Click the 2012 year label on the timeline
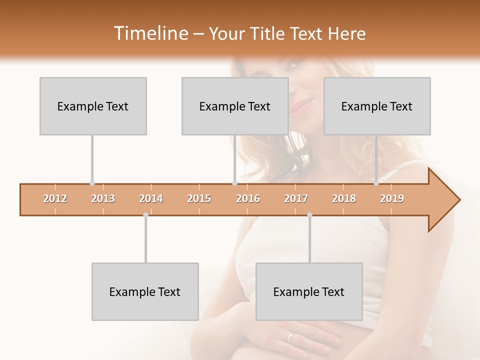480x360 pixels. (x=55, y=199)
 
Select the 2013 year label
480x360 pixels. (x=103, y=199)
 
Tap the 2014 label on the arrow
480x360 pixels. (x=151, y=199)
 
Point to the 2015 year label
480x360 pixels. (x=199, y=199)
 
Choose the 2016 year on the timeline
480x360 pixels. (x=248, y=199)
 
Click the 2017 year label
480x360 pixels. (x=296, y=199)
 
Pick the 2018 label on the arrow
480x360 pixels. (x=344, y=199)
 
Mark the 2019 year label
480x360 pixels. (x=392, y=199)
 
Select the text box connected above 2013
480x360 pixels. (x=93, y=106)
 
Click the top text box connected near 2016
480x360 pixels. (x=235, y=106)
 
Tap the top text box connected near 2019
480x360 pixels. (x=377, y=106)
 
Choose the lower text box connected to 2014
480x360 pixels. (x=145, y=291)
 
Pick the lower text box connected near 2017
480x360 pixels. (x=309, y=291)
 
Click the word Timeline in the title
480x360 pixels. (x=150, y=33)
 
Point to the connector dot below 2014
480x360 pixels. (x=145, y=215)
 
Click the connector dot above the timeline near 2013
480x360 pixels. (x=92, y=183)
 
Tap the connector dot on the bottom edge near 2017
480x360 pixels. (x=309, y=215)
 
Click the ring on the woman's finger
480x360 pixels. (x=290, y=337)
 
